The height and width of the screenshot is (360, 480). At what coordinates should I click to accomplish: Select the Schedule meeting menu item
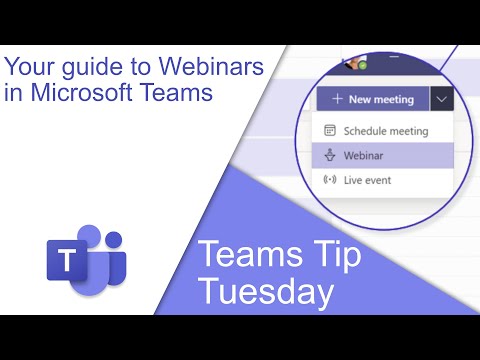385,131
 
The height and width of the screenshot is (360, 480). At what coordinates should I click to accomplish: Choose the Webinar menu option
364,155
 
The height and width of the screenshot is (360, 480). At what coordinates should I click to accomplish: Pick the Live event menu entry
367,180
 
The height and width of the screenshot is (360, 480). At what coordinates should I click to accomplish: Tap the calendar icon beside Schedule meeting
330,131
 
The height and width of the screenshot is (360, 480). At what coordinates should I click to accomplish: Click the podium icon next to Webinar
330,155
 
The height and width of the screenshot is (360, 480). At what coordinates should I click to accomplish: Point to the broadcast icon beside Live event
330,180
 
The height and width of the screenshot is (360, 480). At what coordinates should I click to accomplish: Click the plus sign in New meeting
338,99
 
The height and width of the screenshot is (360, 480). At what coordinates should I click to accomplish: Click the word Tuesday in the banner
266,291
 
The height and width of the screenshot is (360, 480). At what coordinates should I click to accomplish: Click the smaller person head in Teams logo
114,240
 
